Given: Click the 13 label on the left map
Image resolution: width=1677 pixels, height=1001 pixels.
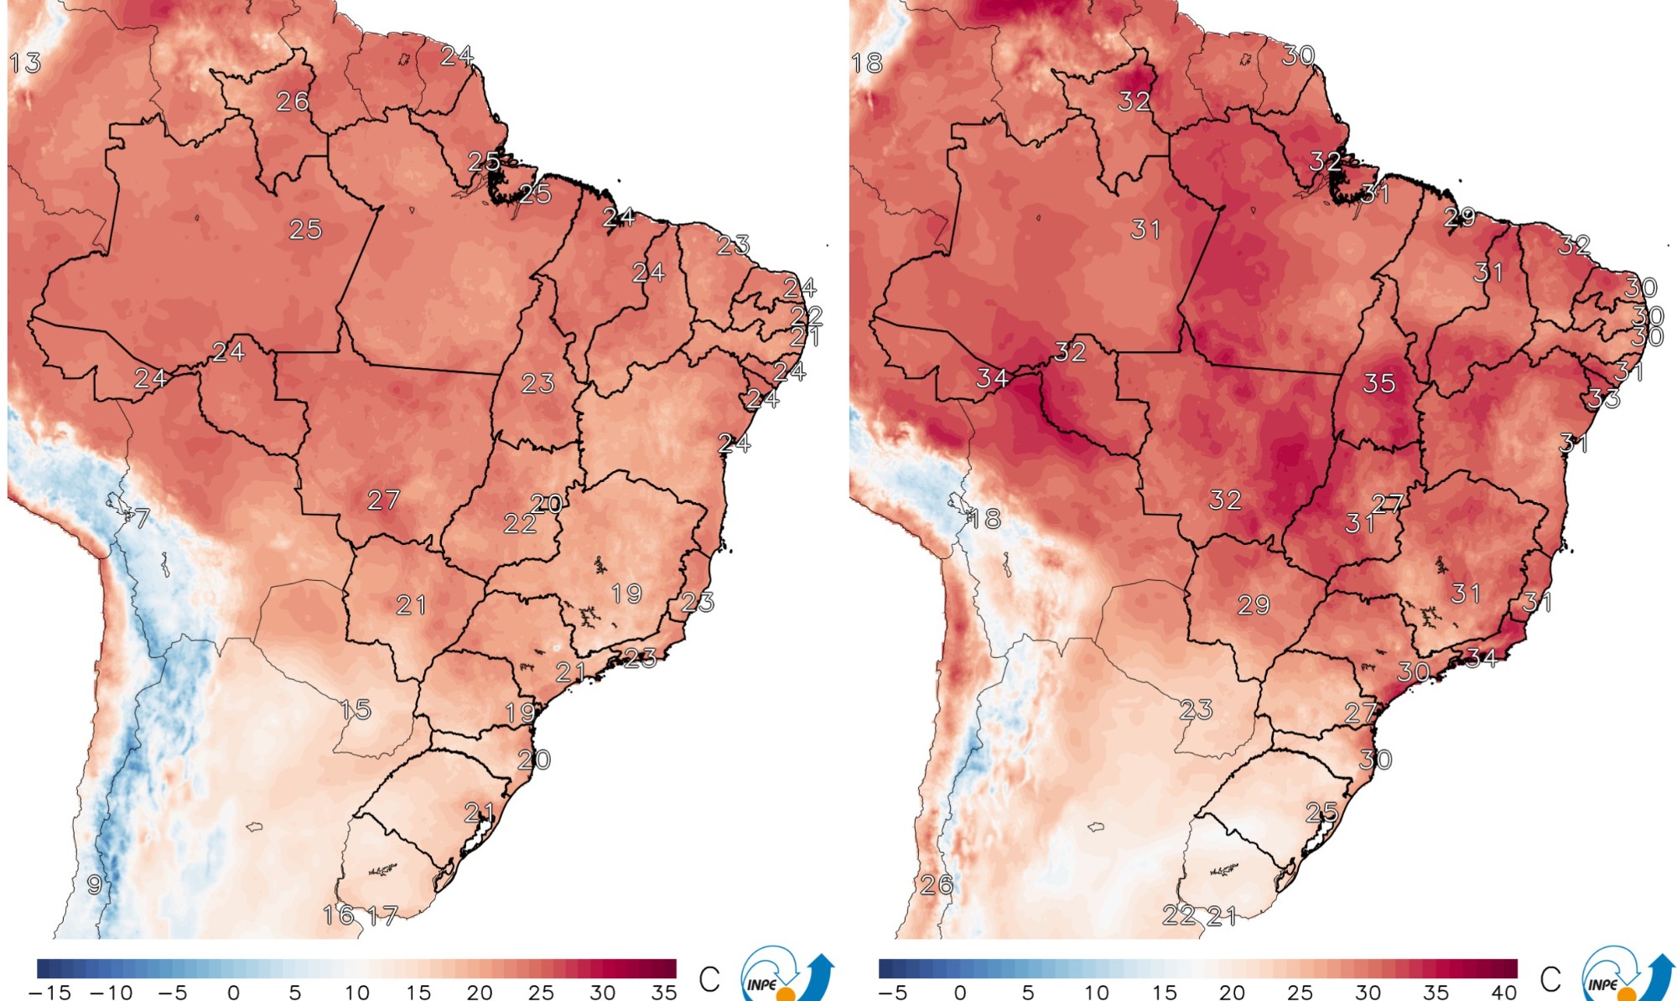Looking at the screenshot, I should point(25,63).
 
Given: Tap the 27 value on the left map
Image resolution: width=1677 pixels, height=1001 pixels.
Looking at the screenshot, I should point(383,500).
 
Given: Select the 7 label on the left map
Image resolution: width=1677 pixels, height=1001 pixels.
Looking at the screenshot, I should point(142,519).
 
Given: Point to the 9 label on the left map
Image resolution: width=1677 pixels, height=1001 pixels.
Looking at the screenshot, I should point(95,884).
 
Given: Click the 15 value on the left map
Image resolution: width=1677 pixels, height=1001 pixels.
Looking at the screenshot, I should point(356,710).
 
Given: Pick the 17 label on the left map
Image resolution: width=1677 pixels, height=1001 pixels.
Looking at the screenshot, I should point(382,915).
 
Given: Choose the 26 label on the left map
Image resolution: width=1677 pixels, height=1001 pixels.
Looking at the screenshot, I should point(293,101).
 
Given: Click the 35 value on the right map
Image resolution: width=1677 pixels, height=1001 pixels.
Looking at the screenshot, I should point(1378,384).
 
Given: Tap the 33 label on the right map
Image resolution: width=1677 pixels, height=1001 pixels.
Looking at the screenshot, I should point(1603,399).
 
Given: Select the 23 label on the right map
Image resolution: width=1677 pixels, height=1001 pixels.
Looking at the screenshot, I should point(1196,710).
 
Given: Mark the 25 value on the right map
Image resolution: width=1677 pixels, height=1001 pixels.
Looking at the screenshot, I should point(1321,812).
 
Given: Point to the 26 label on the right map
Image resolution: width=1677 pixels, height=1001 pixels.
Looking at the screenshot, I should point(937,884).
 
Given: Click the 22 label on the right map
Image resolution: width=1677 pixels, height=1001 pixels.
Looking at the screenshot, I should point(1178,915).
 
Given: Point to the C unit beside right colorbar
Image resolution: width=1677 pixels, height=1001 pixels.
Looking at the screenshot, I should point(1550,978).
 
